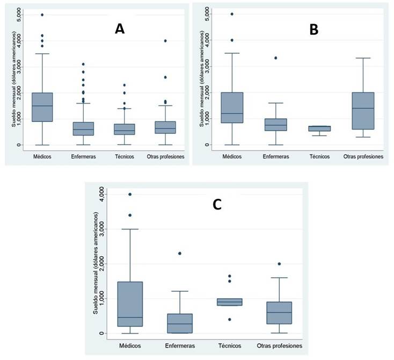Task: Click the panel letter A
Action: point(120,29)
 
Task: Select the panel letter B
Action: point(313,30)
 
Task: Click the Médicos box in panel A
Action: point(42,107)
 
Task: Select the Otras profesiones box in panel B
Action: point(362,111)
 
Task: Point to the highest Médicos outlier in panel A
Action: point(42,15)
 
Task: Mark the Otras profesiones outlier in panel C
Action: point(279,264)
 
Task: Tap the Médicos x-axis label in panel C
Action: point(130,345)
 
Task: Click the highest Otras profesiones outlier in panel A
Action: point(165,40)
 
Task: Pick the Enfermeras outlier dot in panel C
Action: point(180,253)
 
